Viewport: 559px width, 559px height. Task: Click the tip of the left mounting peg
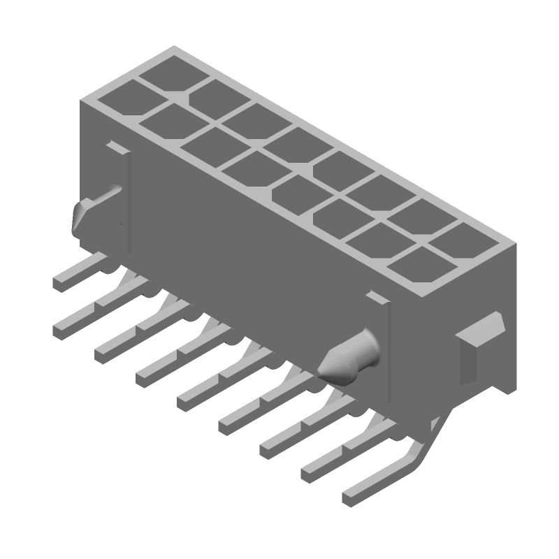click(x=78, y=217)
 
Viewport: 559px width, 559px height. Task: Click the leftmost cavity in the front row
click(x=117, y=98)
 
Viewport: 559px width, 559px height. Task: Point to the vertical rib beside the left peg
click(x=129, y=203)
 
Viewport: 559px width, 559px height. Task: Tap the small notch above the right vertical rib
click(x=377, y=298)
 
